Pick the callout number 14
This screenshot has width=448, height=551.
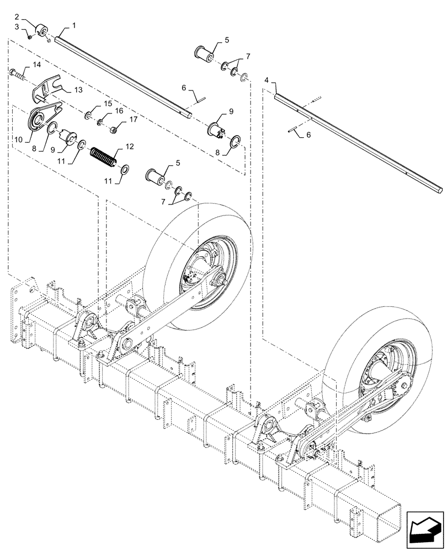coord(36,65)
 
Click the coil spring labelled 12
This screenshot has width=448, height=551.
coord(103,154)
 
